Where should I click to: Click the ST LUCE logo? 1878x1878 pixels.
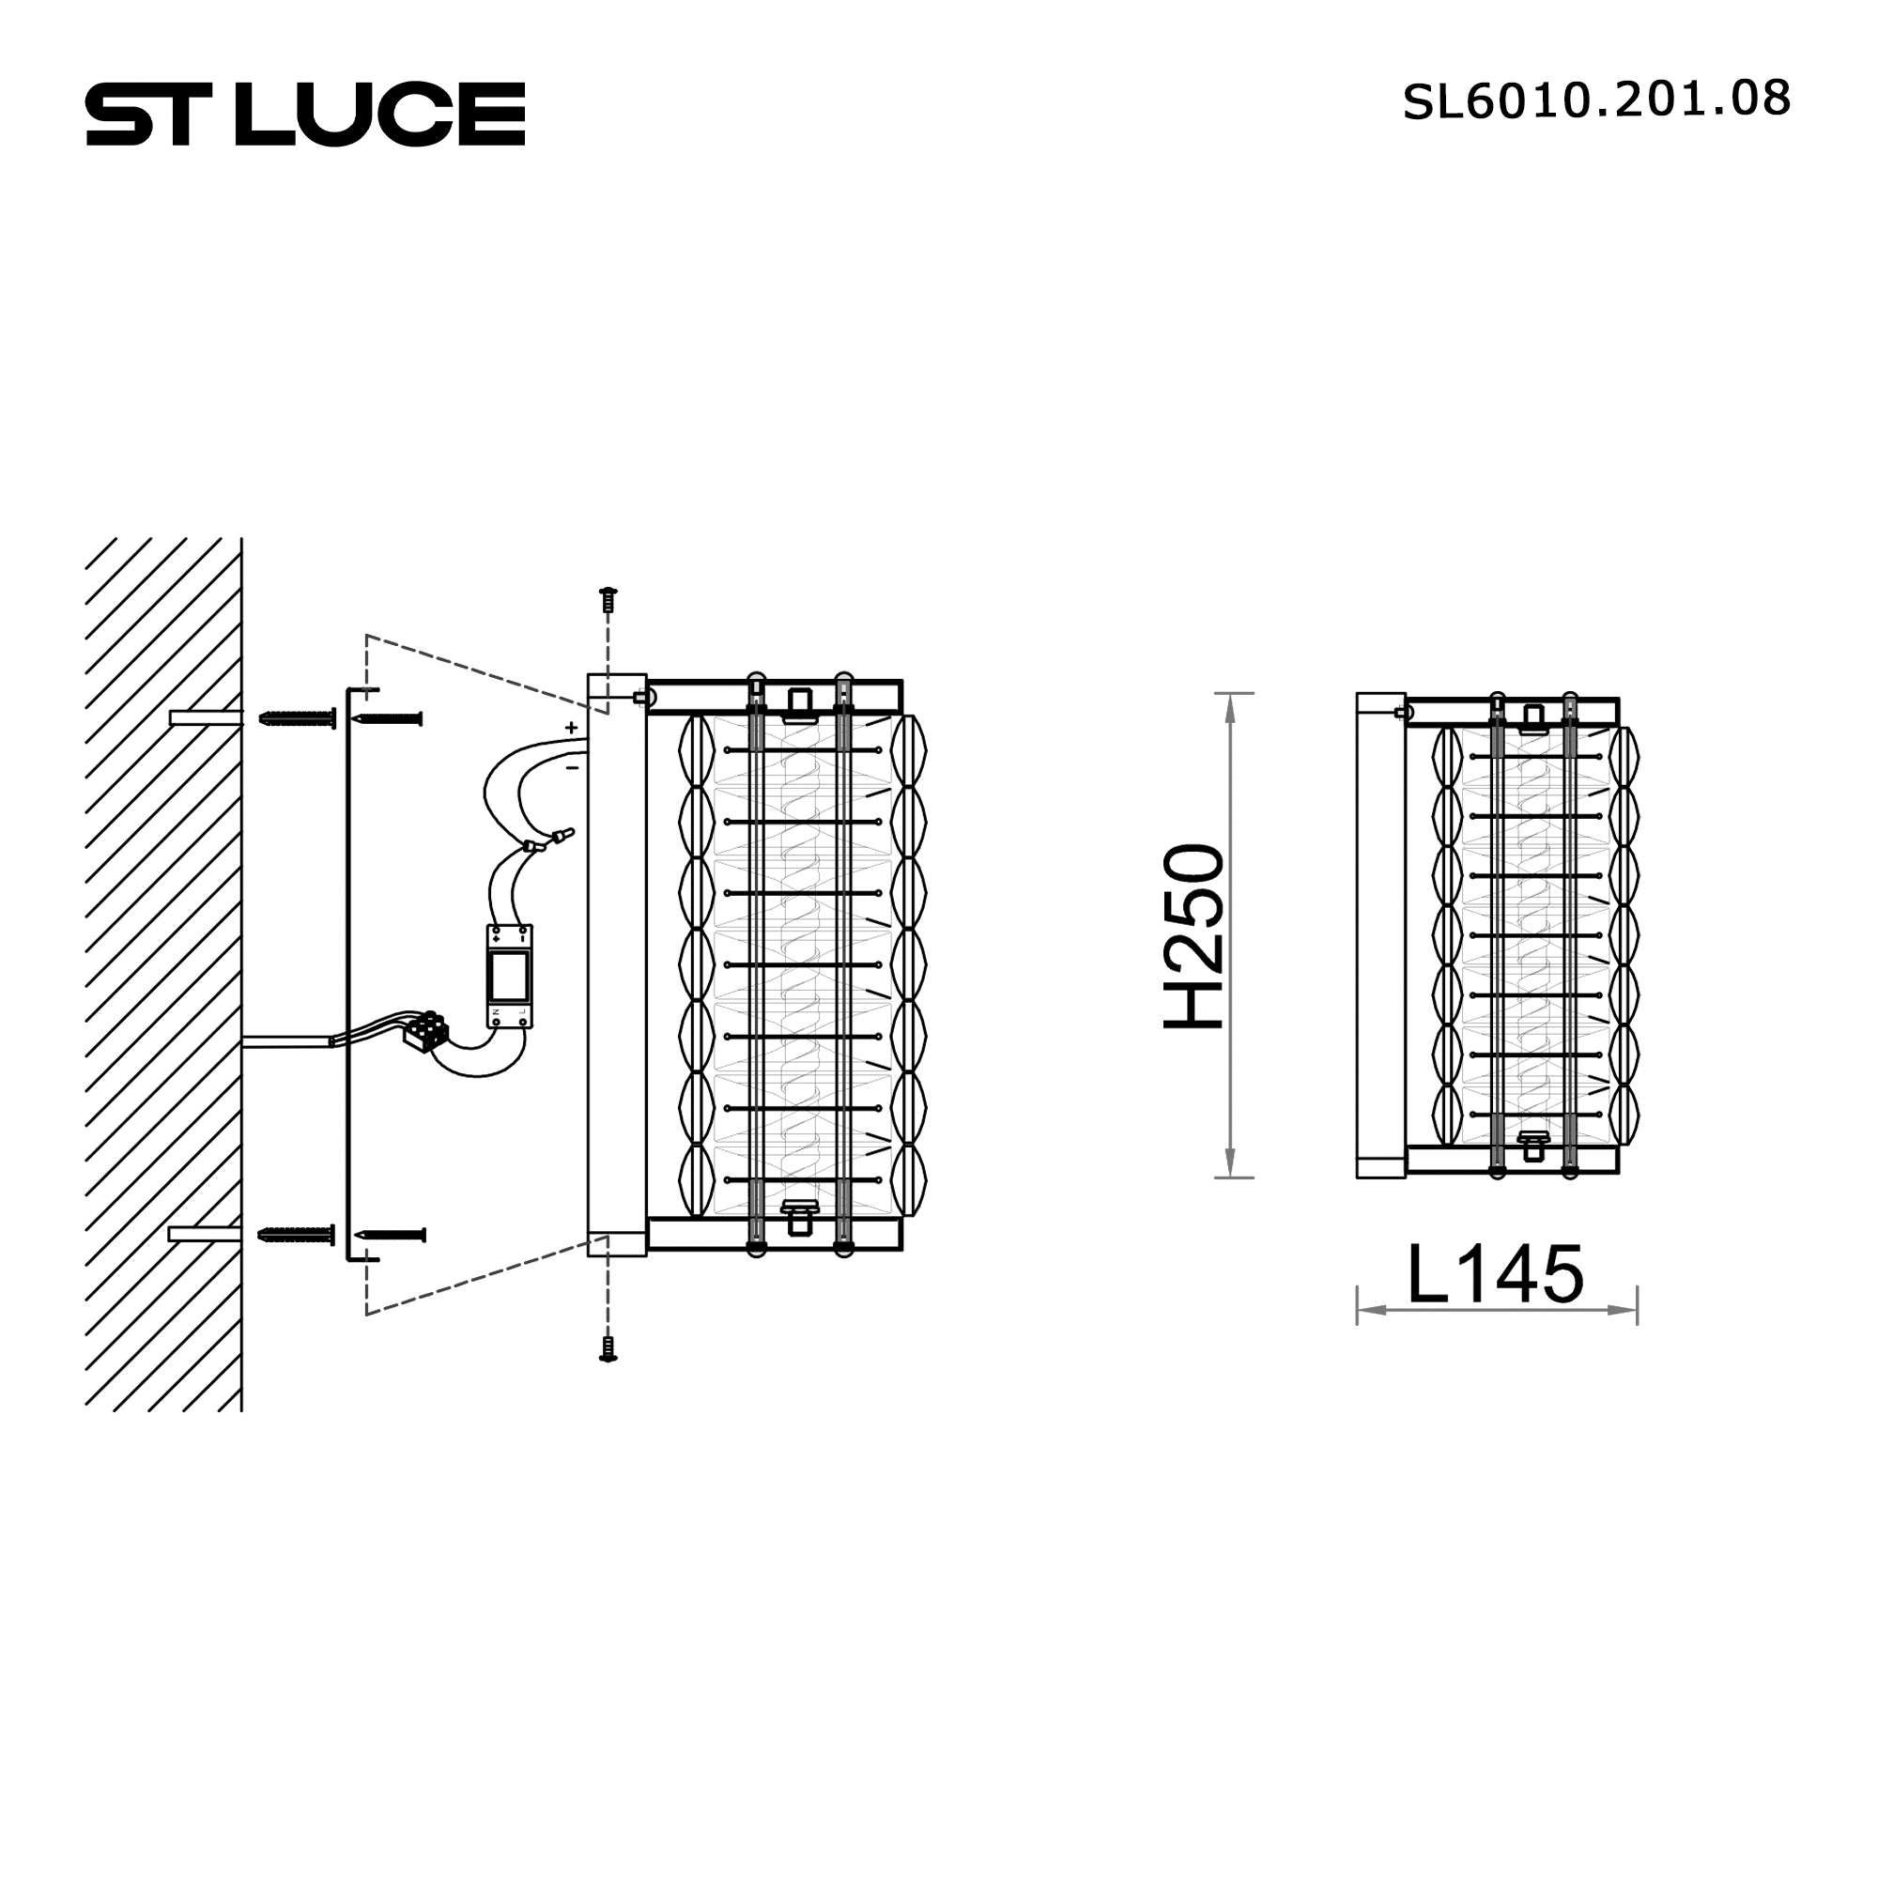tap(305, 114)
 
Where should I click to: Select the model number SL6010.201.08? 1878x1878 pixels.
tap(1595, 100)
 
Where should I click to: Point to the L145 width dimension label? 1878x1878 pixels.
tap(1495, 1273)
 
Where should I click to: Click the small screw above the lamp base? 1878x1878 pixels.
tap(608, 600)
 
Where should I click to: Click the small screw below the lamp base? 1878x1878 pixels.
tap(608, 1349)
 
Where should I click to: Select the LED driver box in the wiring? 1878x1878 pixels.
tap(509, 976)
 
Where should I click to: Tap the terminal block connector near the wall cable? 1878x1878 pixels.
tap(426, 1030)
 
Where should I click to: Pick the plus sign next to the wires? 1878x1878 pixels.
tap(572, 727)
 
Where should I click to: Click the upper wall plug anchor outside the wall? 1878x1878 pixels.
tap(298, 718)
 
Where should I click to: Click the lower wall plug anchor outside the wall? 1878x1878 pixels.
tap(297, 1235)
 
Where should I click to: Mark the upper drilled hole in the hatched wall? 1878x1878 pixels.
tap(205, 718)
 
